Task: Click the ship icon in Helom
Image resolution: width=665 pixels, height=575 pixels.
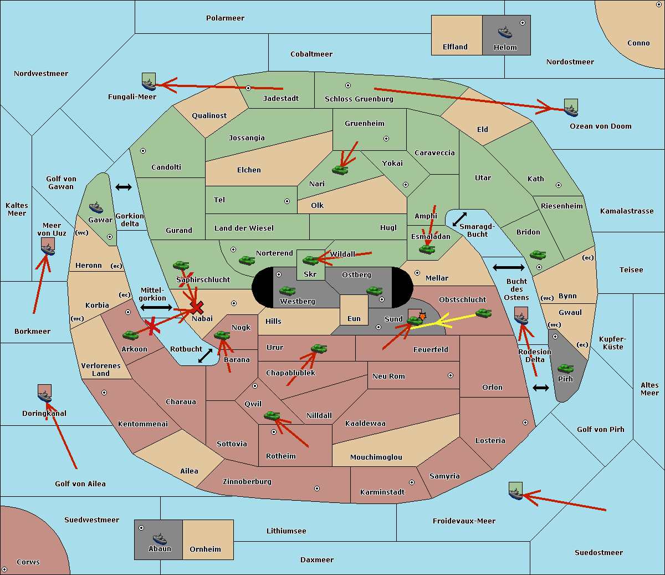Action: (505, 32)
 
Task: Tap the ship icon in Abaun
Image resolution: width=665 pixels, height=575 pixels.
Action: (160, 538)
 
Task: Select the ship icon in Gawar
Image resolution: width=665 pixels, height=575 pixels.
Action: (96, 208)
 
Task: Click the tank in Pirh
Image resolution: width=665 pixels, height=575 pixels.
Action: (565, 368)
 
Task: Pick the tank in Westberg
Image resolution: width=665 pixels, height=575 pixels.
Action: (287, 291)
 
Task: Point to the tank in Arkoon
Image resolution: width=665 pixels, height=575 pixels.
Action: (131, 335)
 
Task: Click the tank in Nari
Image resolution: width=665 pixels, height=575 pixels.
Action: (340, 170)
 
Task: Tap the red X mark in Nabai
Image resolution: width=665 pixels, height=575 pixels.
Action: (197, 308)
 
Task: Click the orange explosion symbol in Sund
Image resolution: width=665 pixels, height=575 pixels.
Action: (422, 316)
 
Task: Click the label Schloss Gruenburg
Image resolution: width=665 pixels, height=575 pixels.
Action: (359, 99)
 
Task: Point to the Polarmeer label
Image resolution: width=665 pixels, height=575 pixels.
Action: (225, 18)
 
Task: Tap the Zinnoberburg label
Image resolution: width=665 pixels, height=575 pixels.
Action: (247, 482)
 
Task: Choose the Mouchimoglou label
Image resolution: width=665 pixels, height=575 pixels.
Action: (376, 457)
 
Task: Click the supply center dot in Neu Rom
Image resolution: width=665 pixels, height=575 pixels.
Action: (451, 375)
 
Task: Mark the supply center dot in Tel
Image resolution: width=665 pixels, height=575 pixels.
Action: (287, 201)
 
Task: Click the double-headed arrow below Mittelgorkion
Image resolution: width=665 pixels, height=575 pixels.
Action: (156, 307)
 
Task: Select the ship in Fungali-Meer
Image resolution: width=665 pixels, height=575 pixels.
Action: (149, 84)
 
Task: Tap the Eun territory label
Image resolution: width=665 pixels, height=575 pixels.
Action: (354, 319)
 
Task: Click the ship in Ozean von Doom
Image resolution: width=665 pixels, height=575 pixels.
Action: (571, 110)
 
